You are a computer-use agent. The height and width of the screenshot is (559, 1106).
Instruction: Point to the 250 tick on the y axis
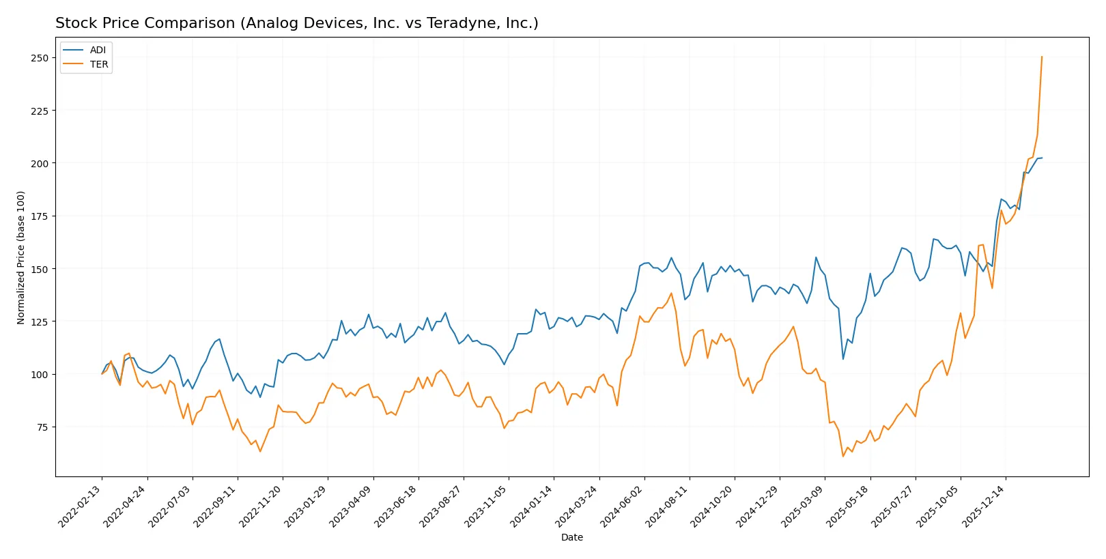tap(40, 58)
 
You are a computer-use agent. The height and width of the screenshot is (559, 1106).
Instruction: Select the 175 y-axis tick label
tap(40, 216)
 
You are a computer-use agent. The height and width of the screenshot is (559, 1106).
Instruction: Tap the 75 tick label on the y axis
tap(42, 427)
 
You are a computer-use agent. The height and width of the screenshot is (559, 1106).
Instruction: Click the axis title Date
tap(571, 538)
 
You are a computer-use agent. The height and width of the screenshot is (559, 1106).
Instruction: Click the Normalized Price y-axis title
tap(21, 257)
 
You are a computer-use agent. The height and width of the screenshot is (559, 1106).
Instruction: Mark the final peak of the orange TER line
tap(1042, 57)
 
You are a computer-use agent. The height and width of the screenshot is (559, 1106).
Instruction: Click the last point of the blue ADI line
tap(1042, 158)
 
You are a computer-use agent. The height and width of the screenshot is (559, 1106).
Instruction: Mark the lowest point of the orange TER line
tap(843, 456)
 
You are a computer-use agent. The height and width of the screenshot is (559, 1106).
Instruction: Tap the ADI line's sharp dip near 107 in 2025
tap(843, 359)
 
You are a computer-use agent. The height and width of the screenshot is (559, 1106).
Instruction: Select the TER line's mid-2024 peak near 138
tap(671, 293)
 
